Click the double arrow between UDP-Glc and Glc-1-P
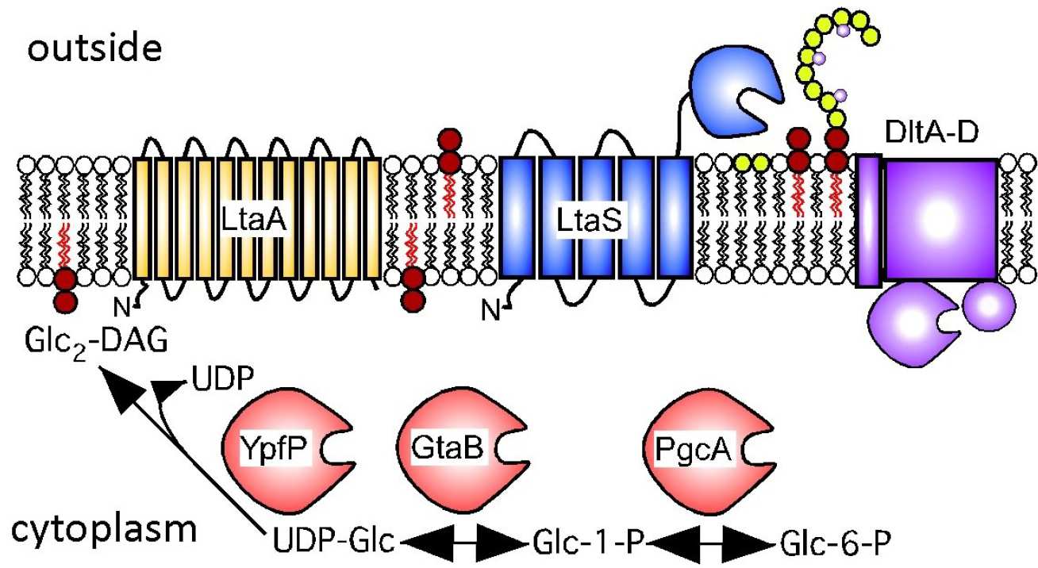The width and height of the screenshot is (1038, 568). tap(459, 545)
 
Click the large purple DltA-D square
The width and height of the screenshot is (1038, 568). tap(940, 218)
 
